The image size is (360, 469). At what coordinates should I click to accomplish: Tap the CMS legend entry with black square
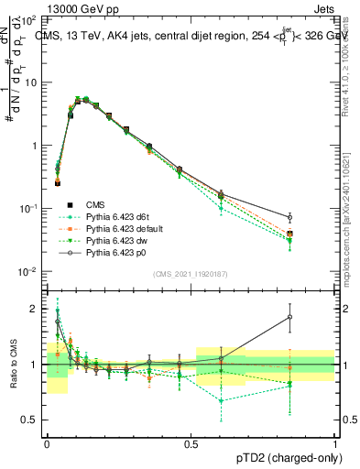tap(95, 203)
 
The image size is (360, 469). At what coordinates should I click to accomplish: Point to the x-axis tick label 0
tap(47, 443)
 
